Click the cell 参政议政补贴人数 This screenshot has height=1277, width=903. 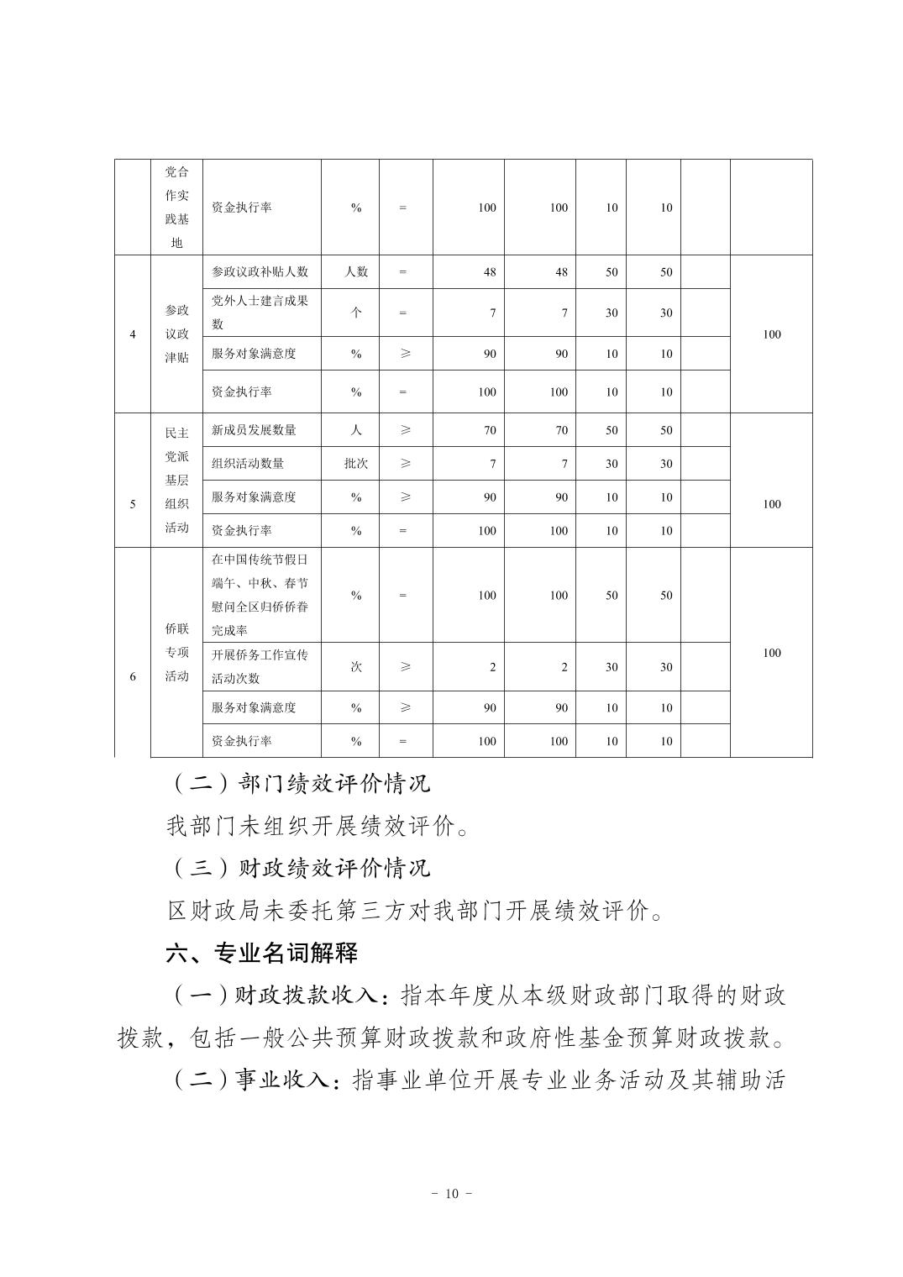[x=260, y=272]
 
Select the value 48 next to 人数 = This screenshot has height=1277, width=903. [x=490, y=272]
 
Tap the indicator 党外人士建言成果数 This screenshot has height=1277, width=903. [x=260, y=313]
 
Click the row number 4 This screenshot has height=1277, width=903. [x=133, y=334]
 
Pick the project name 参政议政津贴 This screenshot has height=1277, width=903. [x=176, y=334]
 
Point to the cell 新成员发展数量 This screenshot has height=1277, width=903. [x=254, y=430]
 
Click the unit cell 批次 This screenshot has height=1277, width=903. [x=356, y=464]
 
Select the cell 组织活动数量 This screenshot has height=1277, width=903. [x=248, y=464]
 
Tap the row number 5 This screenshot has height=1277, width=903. [x=133, y=504]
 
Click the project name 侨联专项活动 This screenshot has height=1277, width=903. [x=176, y=653]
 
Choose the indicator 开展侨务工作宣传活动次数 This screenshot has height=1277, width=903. [x=260, y=666]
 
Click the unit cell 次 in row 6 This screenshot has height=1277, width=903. [x=356, y=667]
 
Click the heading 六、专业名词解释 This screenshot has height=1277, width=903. [x=262, y=953]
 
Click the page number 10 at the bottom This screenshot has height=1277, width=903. [x=451, y=1194]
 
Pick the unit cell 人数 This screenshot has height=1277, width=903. [x=356, y=272]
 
